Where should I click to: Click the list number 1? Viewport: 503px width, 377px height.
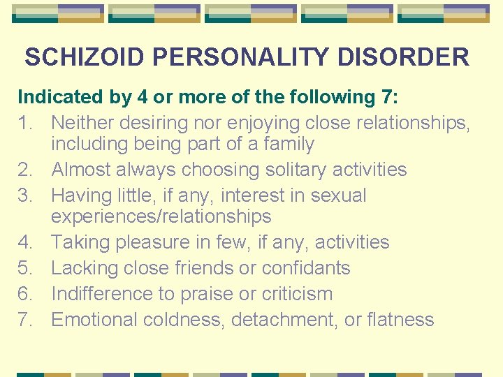[x=26, y=123]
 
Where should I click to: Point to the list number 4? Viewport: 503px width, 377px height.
[x=26, y=242]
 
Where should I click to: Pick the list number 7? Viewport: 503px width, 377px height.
[x=26, y=320]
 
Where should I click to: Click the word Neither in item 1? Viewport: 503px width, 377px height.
[x=83, y=123]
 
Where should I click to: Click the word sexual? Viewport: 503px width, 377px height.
[x=335, y=195]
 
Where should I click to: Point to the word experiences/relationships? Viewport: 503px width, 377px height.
[x=161, y=216]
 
